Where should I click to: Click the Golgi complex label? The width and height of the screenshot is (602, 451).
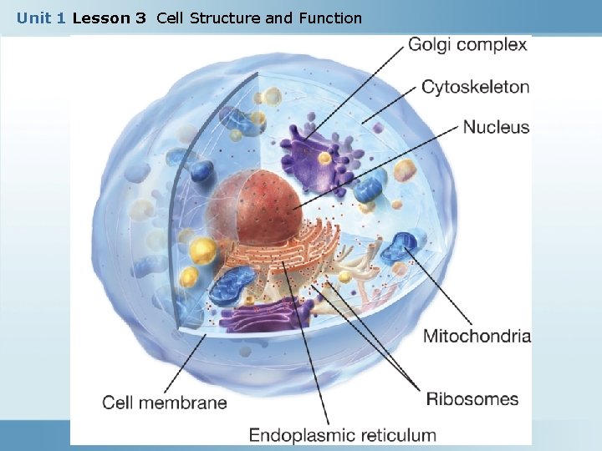467,44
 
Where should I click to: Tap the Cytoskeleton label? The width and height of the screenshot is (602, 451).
475,86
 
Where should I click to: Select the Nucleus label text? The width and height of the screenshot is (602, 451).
496,127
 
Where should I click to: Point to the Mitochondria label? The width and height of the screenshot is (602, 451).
477,337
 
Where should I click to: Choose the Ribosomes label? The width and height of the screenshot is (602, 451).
472,399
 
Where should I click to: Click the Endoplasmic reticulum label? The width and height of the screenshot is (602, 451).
342,435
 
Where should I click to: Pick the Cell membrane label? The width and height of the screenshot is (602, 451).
165,403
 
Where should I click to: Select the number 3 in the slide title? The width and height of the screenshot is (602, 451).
140,18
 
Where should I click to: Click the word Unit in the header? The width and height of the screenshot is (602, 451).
34,18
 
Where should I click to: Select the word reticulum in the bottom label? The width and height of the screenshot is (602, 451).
395,435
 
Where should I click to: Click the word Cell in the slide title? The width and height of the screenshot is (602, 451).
171,18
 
